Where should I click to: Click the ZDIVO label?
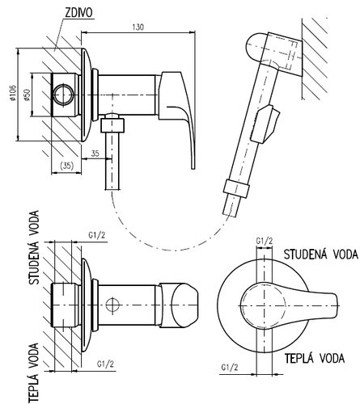(x=78, y=13)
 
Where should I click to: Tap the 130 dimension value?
(x=138, y=27)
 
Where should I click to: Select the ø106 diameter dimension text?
(x=13, y=94)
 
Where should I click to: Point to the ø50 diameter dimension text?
(x=27, y=95)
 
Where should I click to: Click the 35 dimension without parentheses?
(x=95, y=154)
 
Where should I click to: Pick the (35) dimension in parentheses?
(x=66, y=166)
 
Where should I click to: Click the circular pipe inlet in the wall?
(x=63, y=95)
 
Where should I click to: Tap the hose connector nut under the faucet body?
(x=112, y=125)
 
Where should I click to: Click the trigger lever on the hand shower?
(x=265, y=124)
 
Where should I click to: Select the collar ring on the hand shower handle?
(x=236, y=188)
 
